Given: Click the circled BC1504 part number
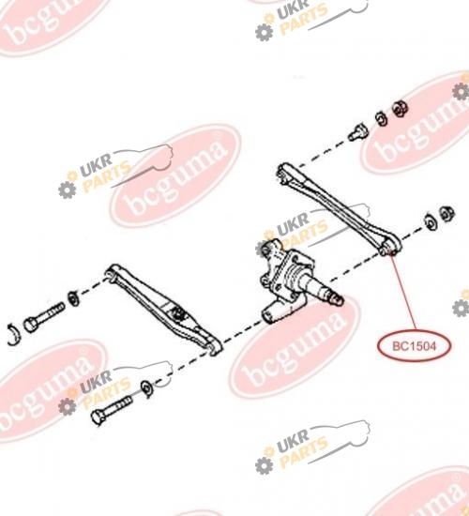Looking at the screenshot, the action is [414, 346].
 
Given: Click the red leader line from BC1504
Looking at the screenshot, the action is [403, 292].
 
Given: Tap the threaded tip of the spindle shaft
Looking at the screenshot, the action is [337, 298].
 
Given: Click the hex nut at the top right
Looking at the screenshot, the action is [401, 108].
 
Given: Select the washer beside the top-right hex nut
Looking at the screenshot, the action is [382, 118].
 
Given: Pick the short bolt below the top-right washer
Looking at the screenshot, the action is [358, 132].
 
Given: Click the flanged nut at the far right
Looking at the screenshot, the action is [447, 214].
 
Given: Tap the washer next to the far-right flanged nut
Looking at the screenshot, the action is [430, 222].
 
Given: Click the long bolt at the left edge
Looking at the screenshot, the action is [44, 317].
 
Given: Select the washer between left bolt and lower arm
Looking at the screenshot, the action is [73, 297].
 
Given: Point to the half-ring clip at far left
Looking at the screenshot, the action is [14, 335].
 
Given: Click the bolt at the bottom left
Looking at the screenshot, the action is [112, 410].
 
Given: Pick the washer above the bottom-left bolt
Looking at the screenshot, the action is [146, 388].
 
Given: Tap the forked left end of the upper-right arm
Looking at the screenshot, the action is [285, 172].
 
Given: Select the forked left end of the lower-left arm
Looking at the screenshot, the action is [113, 272].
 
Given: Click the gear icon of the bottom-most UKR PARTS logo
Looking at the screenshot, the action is [264, 465].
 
